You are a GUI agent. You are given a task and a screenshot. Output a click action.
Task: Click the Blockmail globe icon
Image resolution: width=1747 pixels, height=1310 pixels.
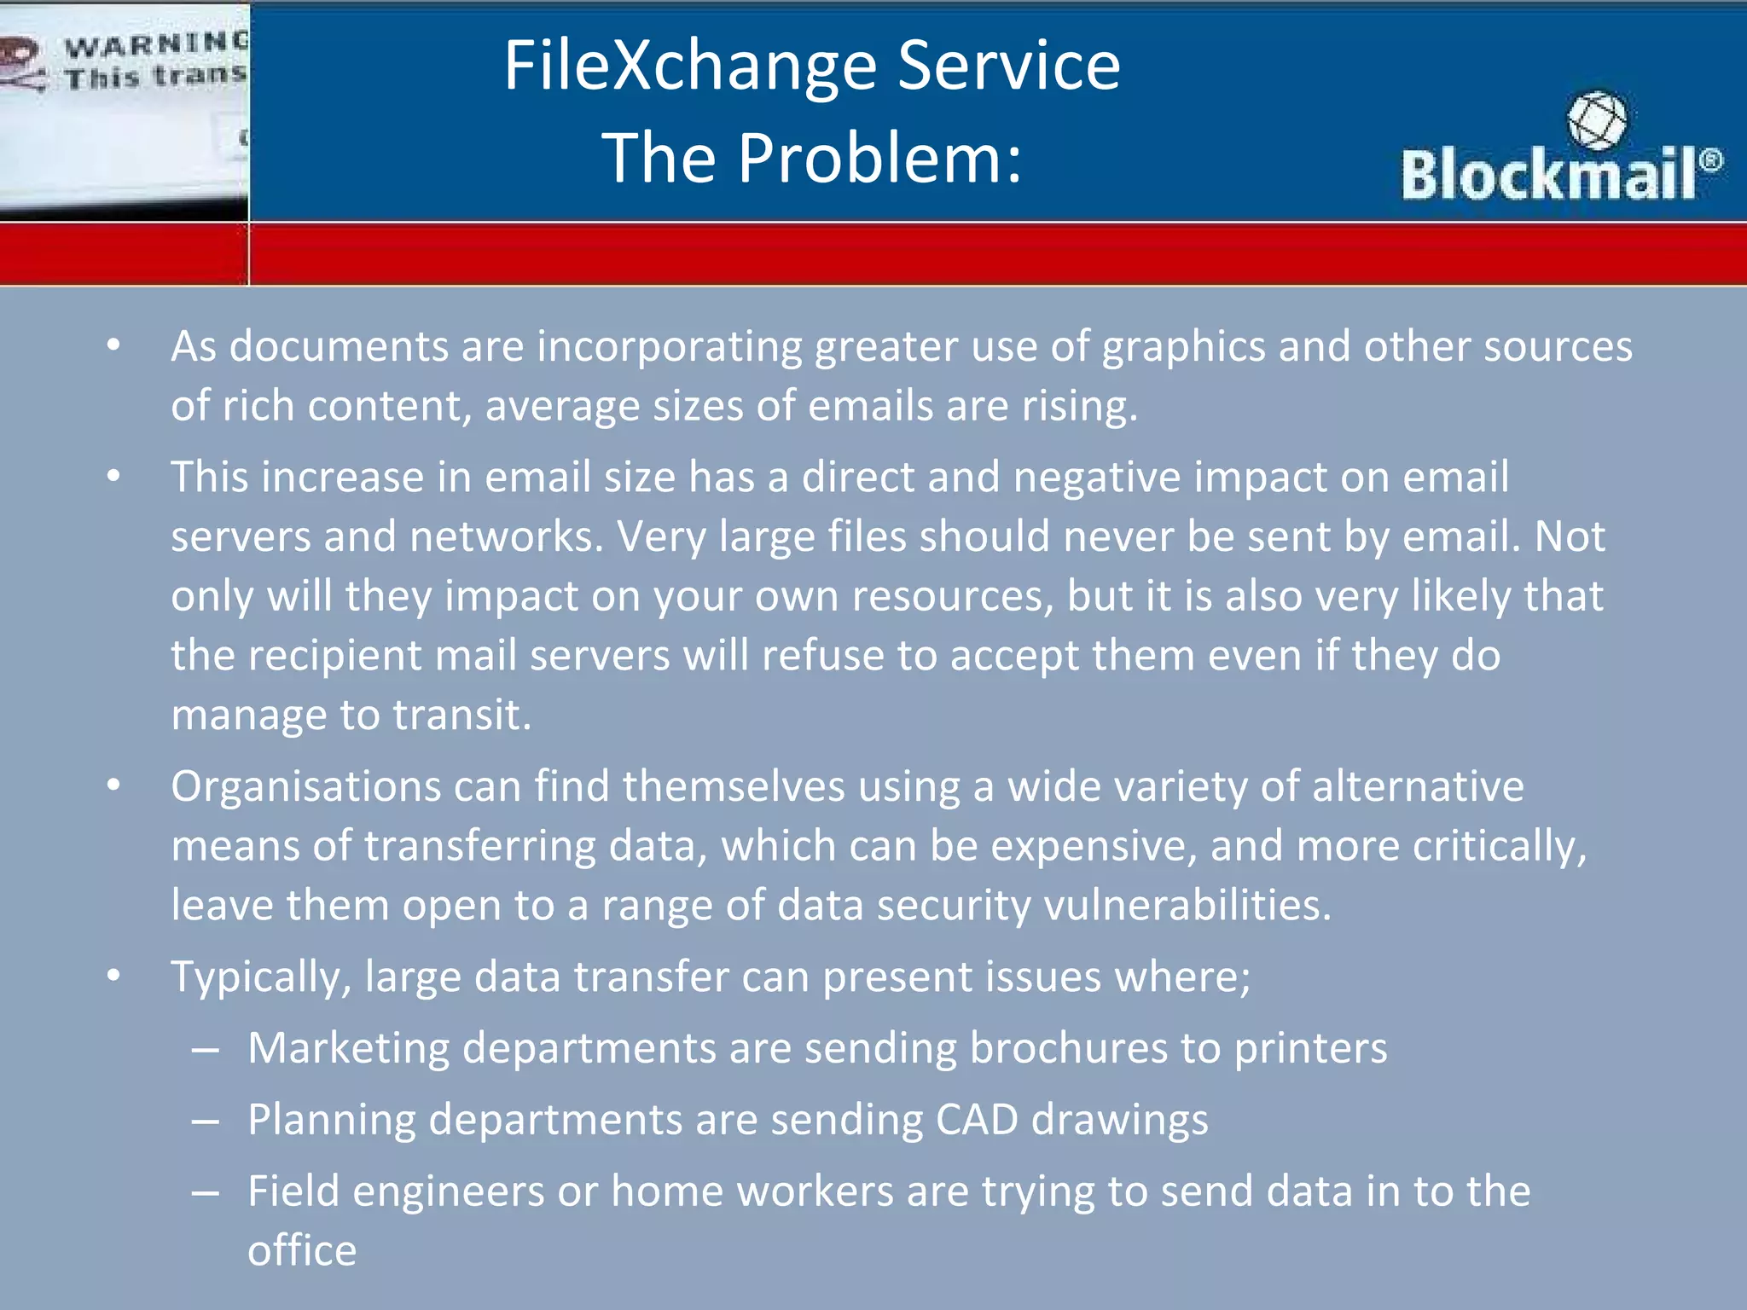(x=1596, y=120)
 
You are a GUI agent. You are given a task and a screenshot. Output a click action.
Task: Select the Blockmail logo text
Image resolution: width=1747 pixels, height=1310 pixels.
(x=1548, y=174)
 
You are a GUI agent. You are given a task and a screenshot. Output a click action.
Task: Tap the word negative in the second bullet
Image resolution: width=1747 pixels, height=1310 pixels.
(x=1097, y=477)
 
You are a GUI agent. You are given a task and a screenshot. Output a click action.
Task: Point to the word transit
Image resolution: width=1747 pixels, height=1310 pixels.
(x=461, y=715)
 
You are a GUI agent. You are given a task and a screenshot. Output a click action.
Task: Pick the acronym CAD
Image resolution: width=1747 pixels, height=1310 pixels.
(x=977, y=1120)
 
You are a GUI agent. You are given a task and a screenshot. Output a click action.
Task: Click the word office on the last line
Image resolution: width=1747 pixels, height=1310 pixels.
(x=302, y=1251)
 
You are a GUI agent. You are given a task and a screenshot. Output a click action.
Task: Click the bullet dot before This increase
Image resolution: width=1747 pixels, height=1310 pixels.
(x=114, y=478)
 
